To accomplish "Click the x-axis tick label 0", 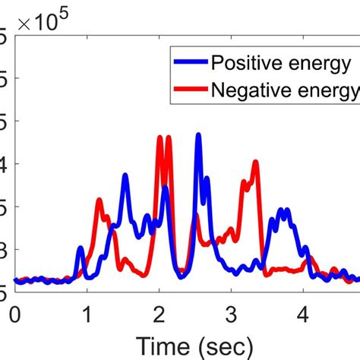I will (14, 313).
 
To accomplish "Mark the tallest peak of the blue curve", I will (198, 135).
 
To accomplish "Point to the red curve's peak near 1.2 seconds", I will (99, 200).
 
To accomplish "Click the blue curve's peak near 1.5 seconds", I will (125, 175).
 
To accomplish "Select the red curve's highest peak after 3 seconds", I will (256, 161).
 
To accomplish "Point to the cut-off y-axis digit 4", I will (4, 163).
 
